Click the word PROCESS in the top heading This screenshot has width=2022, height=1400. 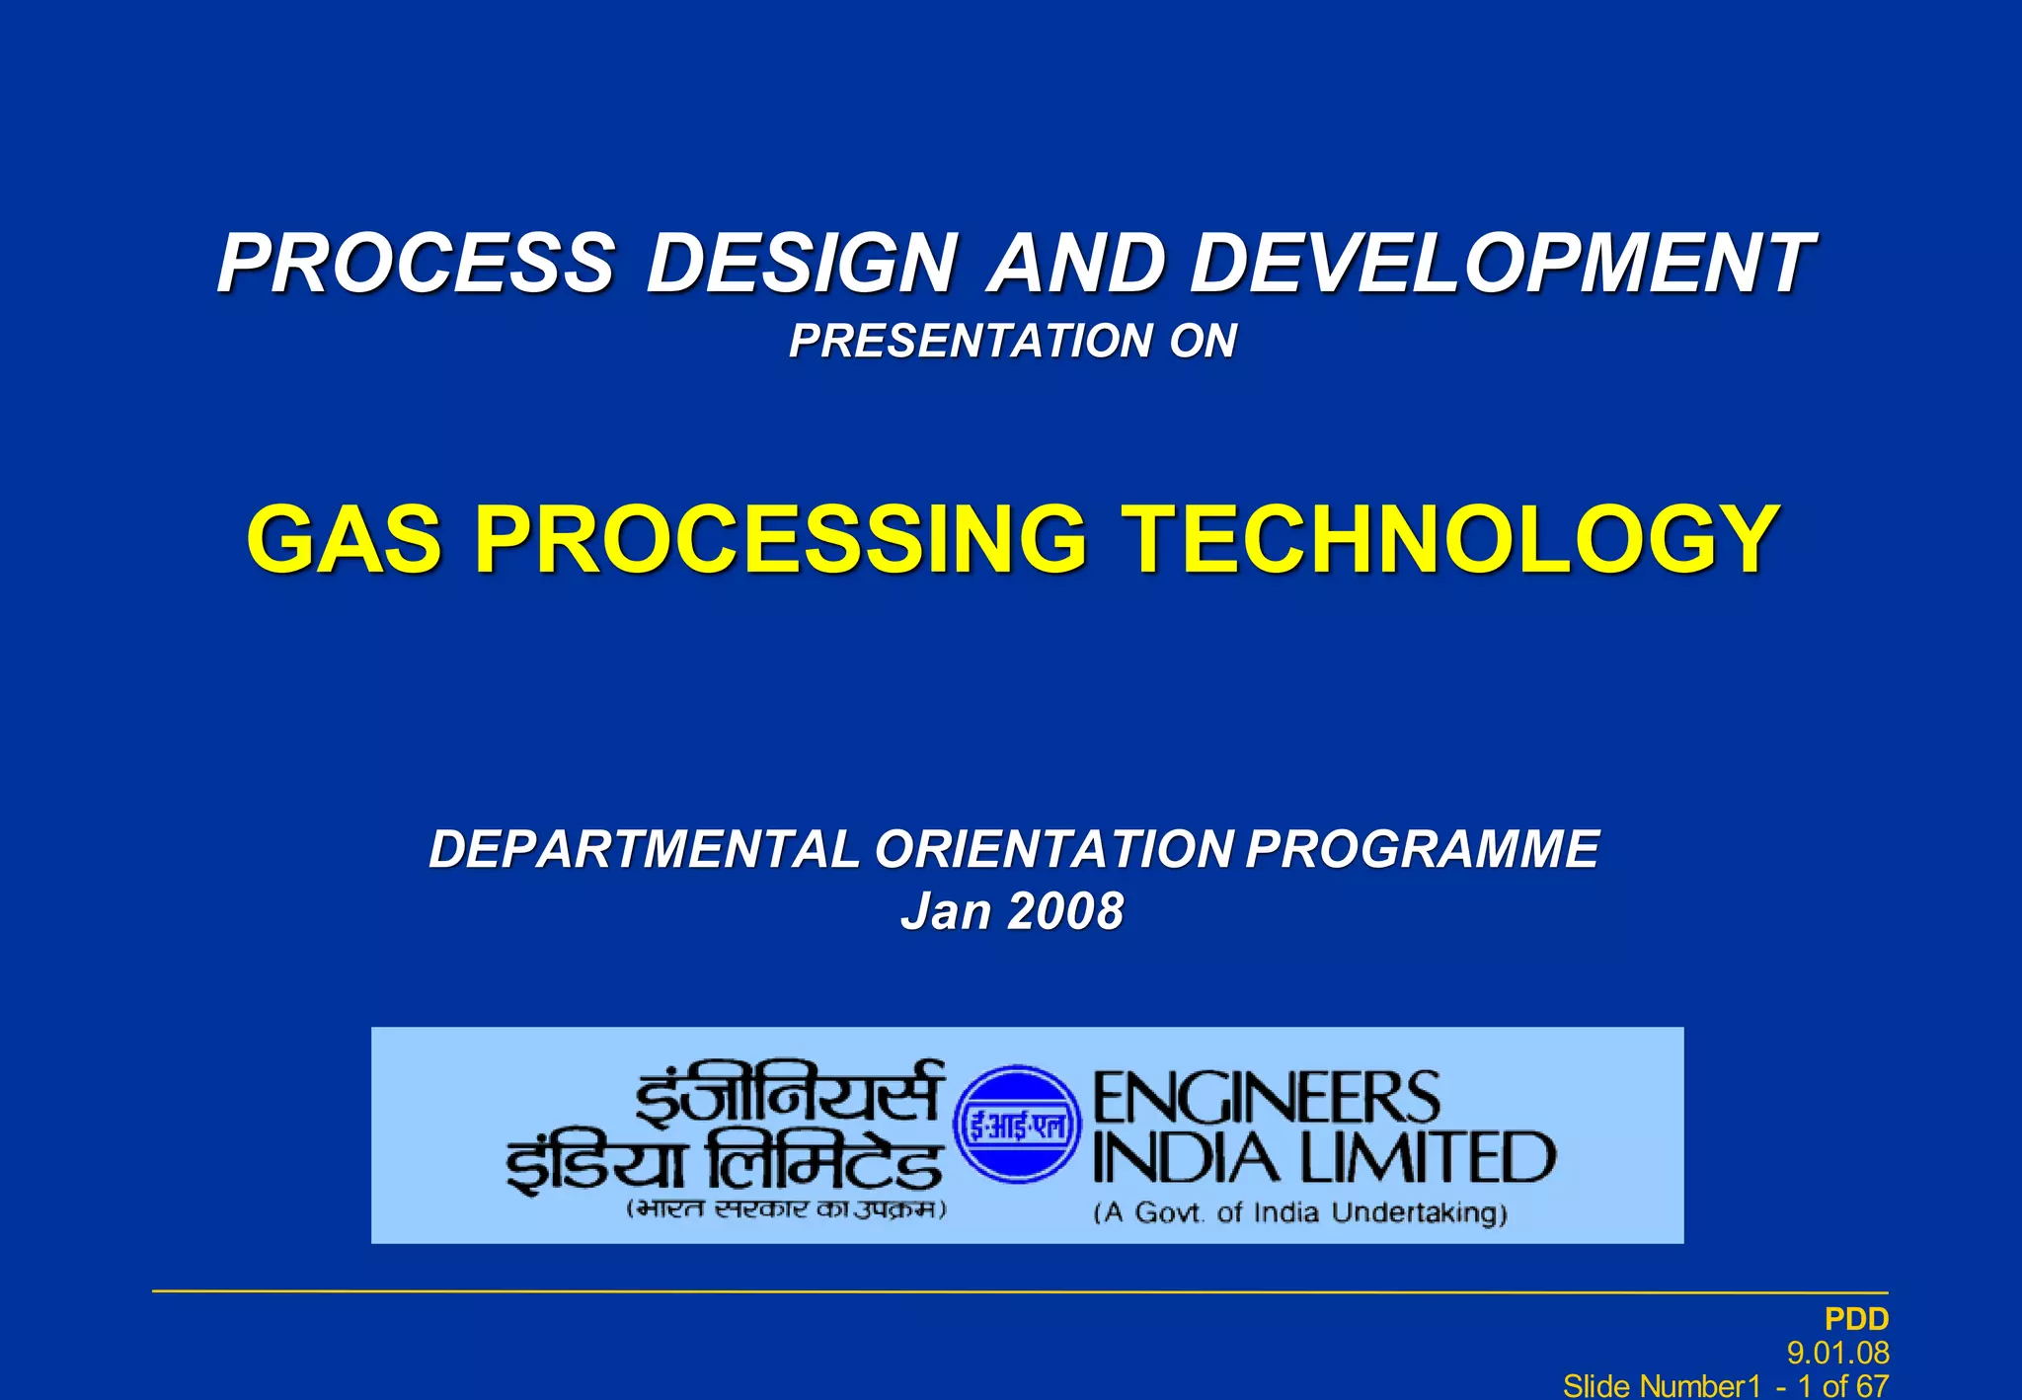click(416, 264)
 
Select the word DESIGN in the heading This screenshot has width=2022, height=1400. click(801, 264)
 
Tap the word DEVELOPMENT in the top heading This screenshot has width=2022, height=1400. click(1502, 264)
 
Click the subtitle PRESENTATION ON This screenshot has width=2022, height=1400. click(1012, 342)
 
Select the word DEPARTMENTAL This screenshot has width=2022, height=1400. click(644, 850)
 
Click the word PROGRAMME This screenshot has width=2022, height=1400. click(1422, 850)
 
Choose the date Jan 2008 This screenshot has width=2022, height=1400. click(1012, 911)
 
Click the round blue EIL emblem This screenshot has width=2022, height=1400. click(1017, 1125)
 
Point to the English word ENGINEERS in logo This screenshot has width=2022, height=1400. click(1266, 1097)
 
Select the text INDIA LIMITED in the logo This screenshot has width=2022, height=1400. click(1323, 1158)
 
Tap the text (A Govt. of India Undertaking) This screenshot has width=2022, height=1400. click(1299, 1213)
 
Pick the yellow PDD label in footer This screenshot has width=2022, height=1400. click(1856, 1319)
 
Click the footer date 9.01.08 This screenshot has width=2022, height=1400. click(1838, 1353)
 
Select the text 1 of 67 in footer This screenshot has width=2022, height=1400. click(1842, 1386)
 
